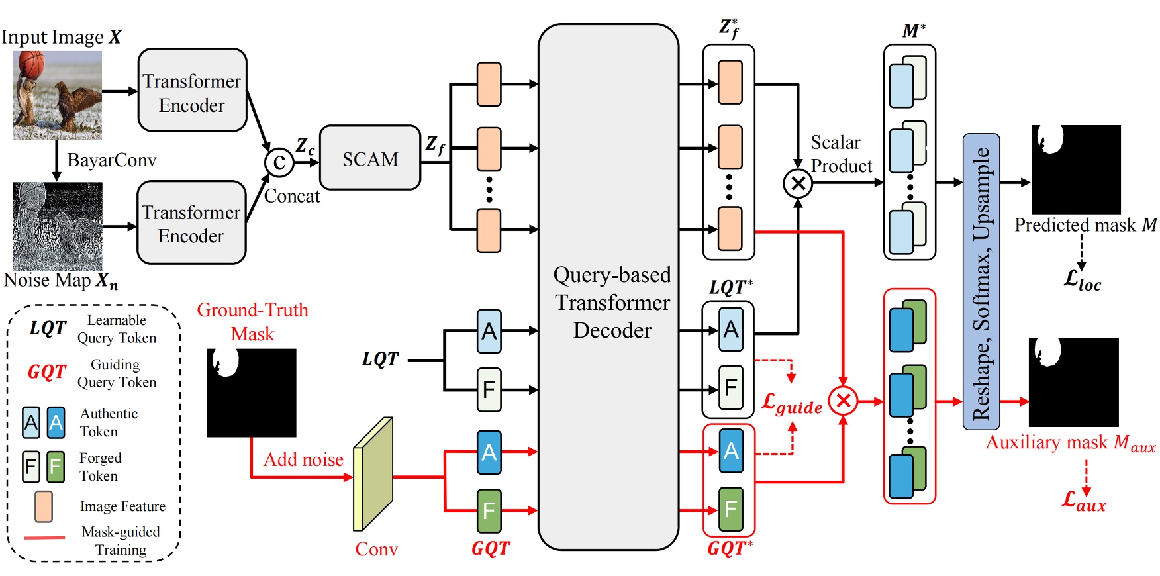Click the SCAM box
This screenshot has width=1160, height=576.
pos(369,158)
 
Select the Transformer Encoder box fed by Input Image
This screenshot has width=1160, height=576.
pos(192,91)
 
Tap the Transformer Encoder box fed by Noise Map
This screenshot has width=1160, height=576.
pos(191,223)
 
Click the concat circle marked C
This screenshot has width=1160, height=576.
pos(279,162)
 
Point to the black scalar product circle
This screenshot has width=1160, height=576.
pos(798,183)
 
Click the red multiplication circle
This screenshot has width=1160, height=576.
pos(843,401)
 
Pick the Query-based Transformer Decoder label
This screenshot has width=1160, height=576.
pos(612,302)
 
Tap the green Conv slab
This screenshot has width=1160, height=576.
pos(373,475)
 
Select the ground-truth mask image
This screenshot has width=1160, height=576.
pos(251,393)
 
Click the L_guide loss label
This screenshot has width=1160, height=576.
pos(792,403)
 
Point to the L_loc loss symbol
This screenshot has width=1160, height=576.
pos(1082,279)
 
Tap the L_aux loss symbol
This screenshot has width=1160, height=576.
pos(1083,501)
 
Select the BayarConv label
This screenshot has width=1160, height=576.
pos(111,160)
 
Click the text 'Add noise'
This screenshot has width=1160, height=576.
pos(303,459)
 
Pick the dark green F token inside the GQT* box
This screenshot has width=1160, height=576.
pos(730,508)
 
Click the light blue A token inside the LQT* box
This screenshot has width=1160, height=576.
pos(730,329)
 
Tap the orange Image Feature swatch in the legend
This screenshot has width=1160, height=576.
pos(44,506)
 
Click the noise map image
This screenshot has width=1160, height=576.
pos(58,226)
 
